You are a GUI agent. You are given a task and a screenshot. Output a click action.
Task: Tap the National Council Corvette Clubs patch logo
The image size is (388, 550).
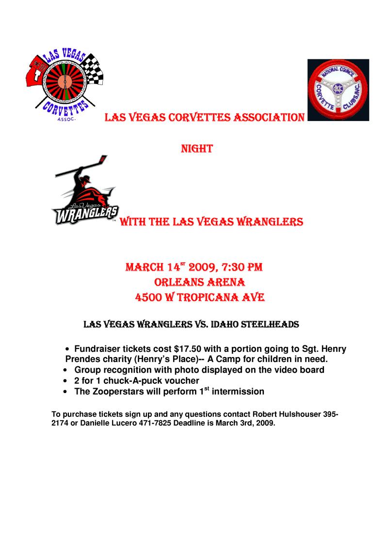point(338,90)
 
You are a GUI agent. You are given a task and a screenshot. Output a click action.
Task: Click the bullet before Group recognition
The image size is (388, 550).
point(65,371)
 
